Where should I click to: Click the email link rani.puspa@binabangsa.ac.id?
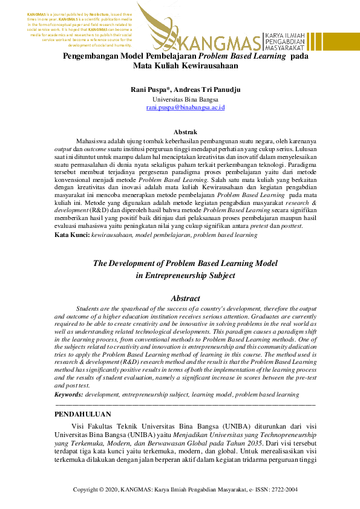pyautogui.click(x=185, y=107)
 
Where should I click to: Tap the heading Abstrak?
pyautogui.click(x=185, y=132)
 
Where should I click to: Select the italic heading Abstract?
pyautogui.click(x=185, y=298)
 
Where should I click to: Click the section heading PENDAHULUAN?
pyautogui.click(x=83, y=414)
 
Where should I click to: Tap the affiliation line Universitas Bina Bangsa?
pyautogui.click(x=185, y=99)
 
